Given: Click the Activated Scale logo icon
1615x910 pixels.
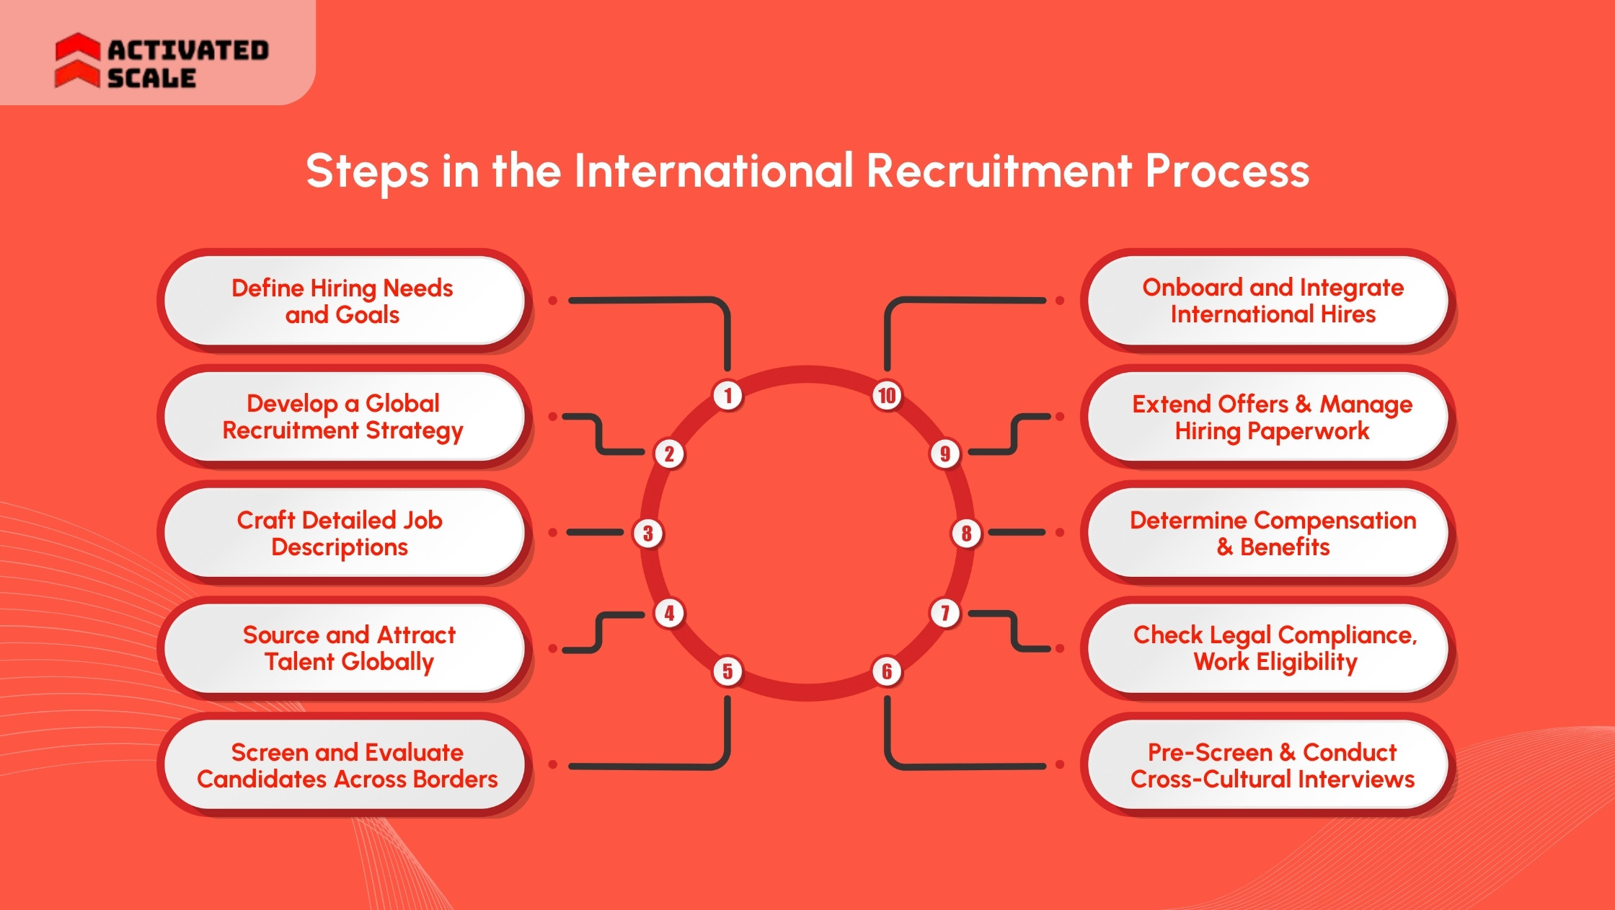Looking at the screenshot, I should [x=77, y=61].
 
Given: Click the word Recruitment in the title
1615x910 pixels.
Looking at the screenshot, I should [x=999, y=172].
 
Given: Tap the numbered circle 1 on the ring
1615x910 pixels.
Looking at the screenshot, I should [x=727, y=395].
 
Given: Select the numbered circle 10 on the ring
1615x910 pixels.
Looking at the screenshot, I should [x=887, y=395].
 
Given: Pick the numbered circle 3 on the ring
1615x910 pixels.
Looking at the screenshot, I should [x=647, y=534].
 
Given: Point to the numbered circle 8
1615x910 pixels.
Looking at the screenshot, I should [x=966, y=534].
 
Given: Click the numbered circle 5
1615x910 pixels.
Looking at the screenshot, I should [x=727, y=671].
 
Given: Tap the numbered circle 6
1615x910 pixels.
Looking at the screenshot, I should [x=887, y=671].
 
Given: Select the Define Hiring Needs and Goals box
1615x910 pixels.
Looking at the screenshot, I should [x=343, y=301].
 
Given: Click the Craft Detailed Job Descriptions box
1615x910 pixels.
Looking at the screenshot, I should [x=343, y=533].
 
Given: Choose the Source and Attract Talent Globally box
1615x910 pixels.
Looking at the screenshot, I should [x=343, y=648].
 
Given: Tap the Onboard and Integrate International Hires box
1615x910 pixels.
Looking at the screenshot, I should [x=1272, y=301].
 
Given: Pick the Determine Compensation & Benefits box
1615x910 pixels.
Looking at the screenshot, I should [x=1272, y=533].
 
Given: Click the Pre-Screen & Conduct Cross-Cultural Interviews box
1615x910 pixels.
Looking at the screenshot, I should [x=1272, y=765].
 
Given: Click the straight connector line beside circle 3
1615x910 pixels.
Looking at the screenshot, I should [x=595, y=532].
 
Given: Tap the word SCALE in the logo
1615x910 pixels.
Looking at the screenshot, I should [x=151, y=78].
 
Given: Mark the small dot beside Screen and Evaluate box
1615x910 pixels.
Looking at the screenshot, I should [x=553, y=764].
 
